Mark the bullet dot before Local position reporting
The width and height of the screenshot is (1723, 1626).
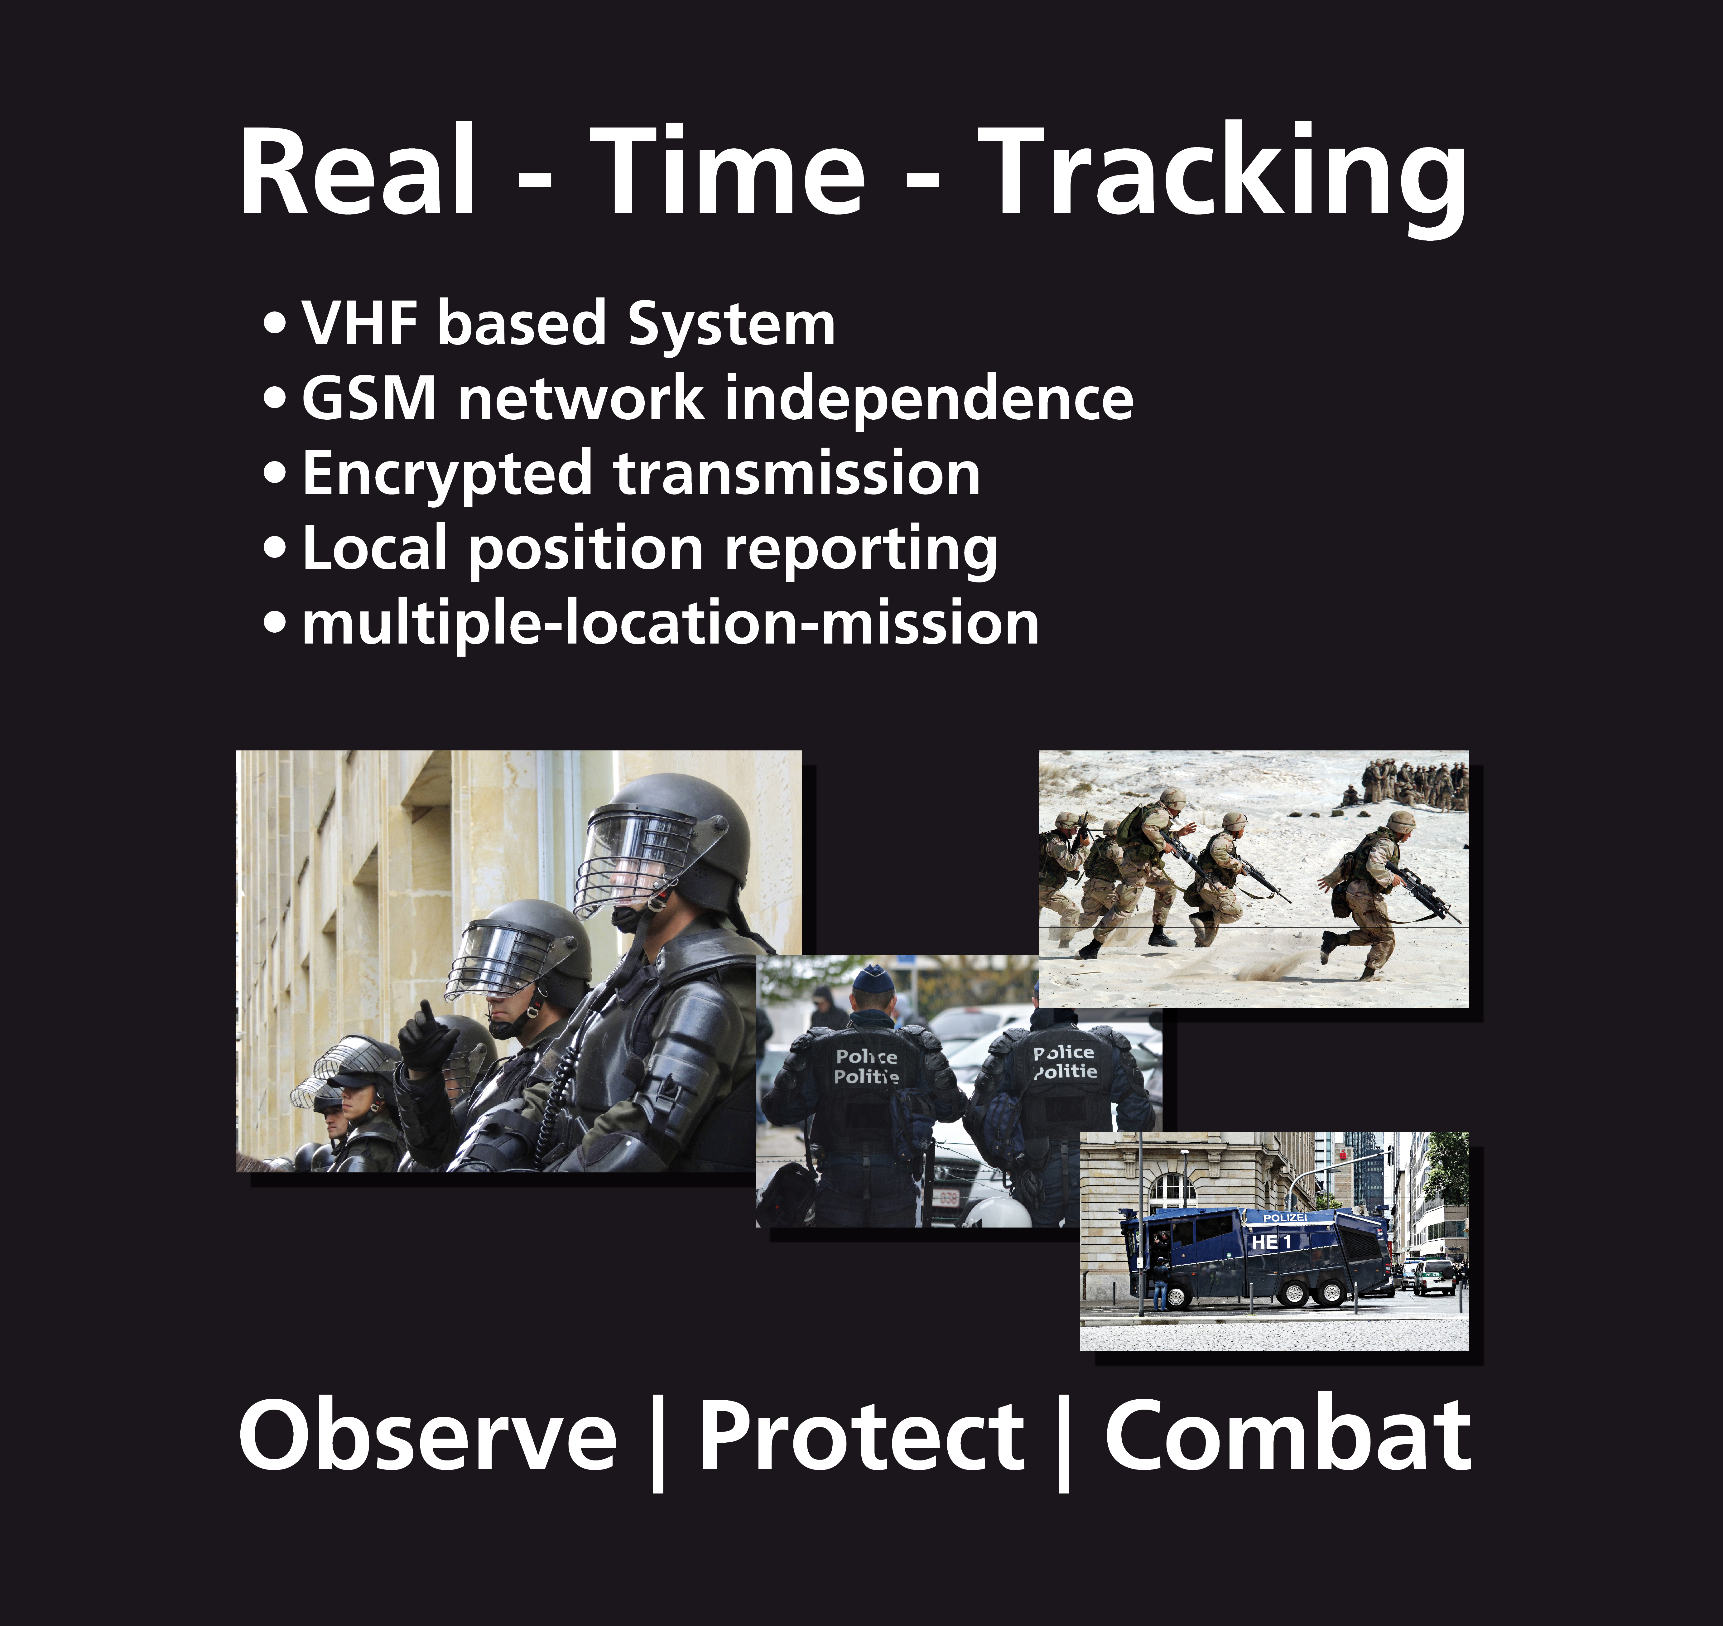tap(275, 548)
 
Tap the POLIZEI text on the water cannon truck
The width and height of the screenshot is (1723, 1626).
tap(1284, 1218)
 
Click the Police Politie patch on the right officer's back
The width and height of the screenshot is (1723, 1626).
tap(1064, 1062)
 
